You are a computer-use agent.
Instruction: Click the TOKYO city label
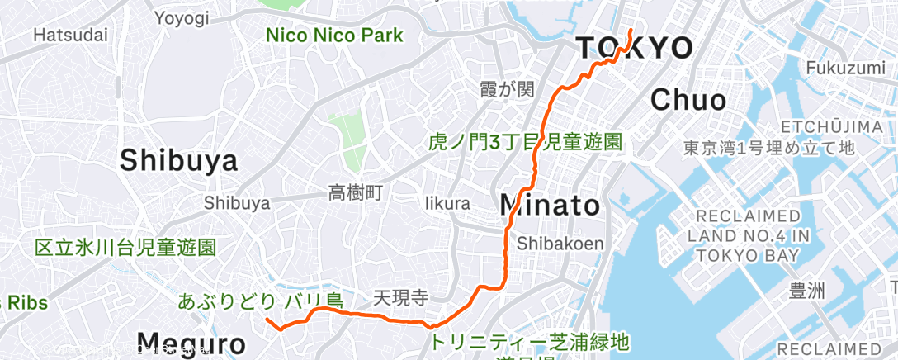[634, 49]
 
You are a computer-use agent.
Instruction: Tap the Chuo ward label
[688, 101]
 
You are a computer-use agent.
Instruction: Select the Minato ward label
[551, 205]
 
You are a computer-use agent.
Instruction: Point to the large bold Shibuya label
[178, 161]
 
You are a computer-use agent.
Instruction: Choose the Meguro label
[191, 343]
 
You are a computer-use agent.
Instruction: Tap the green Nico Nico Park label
[334, 36]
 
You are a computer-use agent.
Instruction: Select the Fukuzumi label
[850, 68]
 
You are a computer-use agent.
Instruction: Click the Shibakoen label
[560, 244]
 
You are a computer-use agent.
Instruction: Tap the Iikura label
[448, 203]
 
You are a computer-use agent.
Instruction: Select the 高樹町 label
[356, 194]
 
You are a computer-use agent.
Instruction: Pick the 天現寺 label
[400, 296]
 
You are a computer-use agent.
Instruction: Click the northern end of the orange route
[631, 31]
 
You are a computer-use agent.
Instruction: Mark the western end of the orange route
[267, 320]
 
